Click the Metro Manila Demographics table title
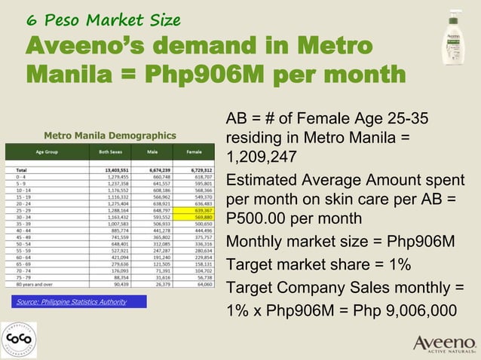coord(110,136)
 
